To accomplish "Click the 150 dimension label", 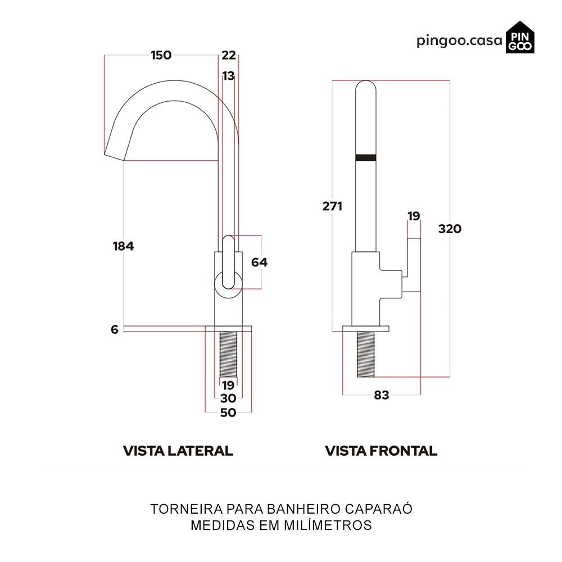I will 161,55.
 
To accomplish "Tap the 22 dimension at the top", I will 229,55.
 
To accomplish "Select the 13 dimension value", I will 228,76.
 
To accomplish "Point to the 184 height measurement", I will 123,246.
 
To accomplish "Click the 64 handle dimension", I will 259,262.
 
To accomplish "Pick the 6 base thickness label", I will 115,330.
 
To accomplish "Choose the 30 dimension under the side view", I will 228,398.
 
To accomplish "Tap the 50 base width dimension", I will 228,413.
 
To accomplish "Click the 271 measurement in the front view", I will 332,206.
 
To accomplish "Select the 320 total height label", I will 450,229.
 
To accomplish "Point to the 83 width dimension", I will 382,395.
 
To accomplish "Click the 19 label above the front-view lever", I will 414,216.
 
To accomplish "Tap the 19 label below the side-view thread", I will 228,386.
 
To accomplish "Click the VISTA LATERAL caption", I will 178,451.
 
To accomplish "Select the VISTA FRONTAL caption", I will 381,451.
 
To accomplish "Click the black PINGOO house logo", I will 520,38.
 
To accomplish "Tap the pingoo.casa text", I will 459,41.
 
